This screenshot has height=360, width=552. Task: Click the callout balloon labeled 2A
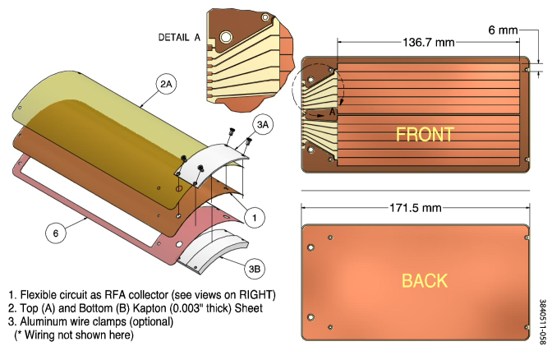click(167, 84)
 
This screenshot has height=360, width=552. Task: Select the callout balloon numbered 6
click(55, 233)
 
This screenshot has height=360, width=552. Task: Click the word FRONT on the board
click(425, 134)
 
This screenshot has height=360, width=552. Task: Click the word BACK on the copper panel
click(425, 280)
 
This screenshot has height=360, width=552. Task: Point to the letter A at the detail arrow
click(333, 112)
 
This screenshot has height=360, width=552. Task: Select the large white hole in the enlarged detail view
click(224, 37)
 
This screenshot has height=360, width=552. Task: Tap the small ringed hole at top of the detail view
click(264, 17)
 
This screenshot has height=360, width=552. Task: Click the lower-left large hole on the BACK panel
click(311, 316)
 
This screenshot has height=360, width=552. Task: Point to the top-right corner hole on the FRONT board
click(526, 70)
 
